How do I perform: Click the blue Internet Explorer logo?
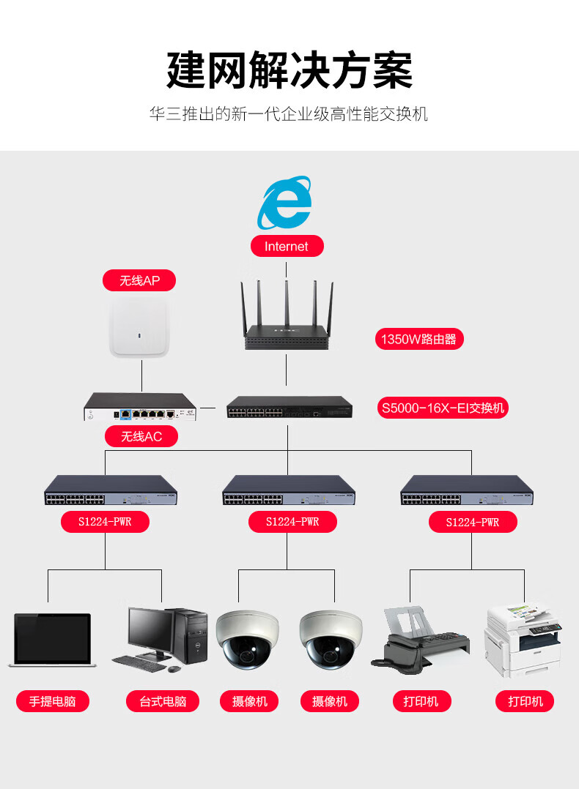pyautogui.click(x=284, y=202)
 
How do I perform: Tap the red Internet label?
pyautogui.click(x=287, y=246)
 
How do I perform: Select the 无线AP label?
pyautogui.click(x=139, y=280)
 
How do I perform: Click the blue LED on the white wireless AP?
pyautogui.click(x=139, y=334)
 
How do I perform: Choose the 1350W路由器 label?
pyautogui.click(x=418, y=339)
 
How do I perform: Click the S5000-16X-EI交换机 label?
pyautogui.click(x=443, y=408)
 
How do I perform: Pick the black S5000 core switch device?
pyautogui.click(x=289, y=407)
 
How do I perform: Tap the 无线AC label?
pyautogui.click(x=141, y=436)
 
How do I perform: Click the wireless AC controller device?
pyautogui.click(x=140, y=407)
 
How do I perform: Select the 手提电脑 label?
pyautogui.click(x=53, y=701)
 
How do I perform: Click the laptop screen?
pyautogui.click(x=53, y=637)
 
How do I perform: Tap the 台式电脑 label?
pyautogui.click(x=162, y=701)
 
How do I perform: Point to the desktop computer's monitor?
pyautogui.click(x=151, y=630)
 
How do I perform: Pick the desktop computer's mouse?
pyautogui.click(x=174, y=669)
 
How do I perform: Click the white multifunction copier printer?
pyautogui.click(x=523, y=639)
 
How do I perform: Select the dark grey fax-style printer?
pyautogui.click(x=420, y=640)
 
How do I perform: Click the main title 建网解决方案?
pyautogui.click(x=289, y=70)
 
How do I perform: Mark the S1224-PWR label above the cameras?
pyautogui.click(x=292, y=522)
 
